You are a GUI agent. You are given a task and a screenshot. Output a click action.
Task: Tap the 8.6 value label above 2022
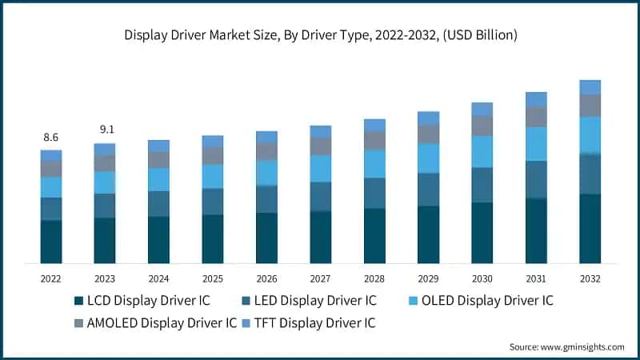tap(50, 138)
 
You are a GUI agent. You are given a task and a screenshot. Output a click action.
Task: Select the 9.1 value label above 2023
tap(104, 130)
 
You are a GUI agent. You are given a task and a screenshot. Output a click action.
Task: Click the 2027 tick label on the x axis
tap(320, 279)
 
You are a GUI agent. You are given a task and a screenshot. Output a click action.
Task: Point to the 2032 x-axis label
tap(590, 279)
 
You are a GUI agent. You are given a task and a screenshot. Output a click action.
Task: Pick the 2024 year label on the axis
tap(158, 279)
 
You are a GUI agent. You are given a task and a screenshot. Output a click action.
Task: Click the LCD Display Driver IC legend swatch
tap(78, 302)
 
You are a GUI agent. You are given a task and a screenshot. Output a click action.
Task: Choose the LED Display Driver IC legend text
tap(317, 301)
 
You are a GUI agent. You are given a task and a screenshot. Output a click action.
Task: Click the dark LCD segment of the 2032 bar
tap(590, 229)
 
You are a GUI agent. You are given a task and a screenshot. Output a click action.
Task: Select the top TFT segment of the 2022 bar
tap(50, 155)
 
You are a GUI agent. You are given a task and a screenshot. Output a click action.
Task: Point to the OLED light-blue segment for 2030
tap(482, 151)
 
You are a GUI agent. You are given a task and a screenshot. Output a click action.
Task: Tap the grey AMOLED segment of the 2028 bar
tap(374, 141)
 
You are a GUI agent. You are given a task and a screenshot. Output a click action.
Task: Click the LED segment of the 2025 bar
tap(212, 202)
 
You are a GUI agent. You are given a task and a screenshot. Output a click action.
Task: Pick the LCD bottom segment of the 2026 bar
tap(266, 238)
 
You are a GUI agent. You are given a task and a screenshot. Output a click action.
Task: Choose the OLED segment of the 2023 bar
tap(104, 182)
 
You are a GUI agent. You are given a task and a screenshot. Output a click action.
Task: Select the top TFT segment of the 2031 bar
tap(536, 99)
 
